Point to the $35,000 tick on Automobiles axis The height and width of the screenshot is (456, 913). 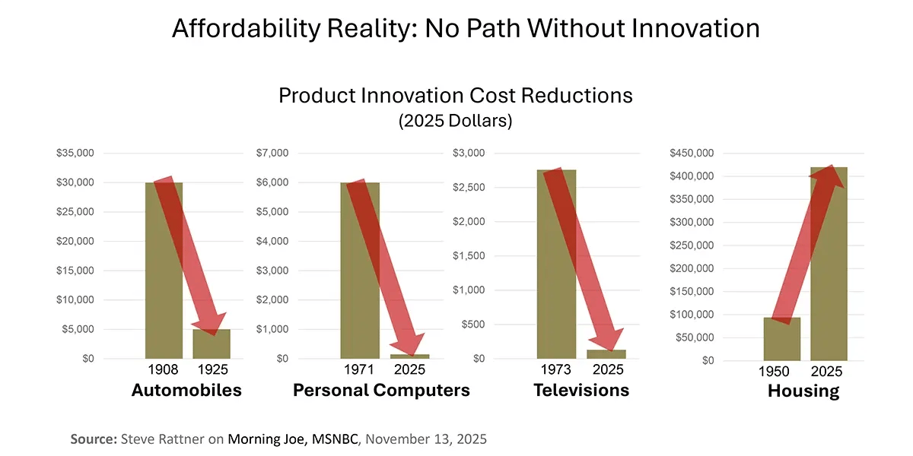pos(75,153)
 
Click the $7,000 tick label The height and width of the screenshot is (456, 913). pos(273,153)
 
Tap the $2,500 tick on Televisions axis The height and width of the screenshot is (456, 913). pos(468,187)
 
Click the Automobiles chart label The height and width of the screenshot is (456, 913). pos(186,391)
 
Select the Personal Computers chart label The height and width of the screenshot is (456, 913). pos(381,391)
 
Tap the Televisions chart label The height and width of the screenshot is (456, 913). pos(581,391)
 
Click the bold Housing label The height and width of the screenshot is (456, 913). pos(803,391)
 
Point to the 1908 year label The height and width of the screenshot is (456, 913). pos(163,370)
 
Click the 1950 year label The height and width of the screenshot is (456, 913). pos(774,372)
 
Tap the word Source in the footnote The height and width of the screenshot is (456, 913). pos(93,439)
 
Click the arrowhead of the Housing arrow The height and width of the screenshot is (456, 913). pos(829,176)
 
